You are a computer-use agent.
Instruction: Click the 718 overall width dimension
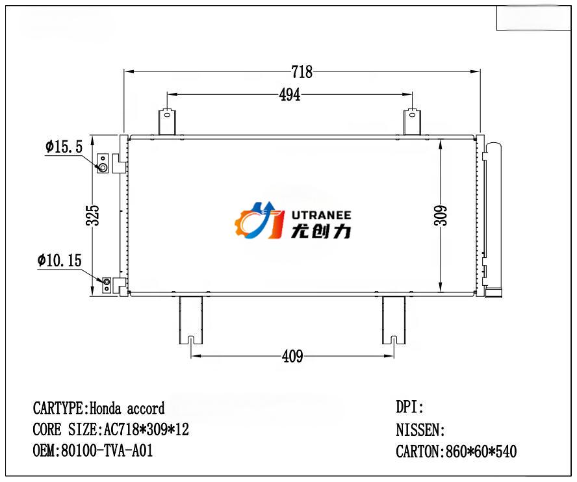pos(302,72)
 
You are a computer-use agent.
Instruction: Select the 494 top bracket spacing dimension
pos(290,95)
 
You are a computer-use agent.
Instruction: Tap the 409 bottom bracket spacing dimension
pos(292,356)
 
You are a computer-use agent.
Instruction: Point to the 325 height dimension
pos(93,215)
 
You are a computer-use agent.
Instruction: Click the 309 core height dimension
pos(441,215)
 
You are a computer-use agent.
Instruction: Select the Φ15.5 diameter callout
pos(64,147)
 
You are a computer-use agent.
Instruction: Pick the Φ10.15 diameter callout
pos(60,261)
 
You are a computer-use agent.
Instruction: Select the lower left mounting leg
pos(190,320)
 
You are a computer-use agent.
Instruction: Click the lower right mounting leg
pos(393,320)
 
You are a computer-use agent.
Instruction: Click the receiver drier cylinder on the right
pos(494,218)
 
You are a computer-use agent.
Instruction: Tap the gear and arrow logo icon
pos(259,220)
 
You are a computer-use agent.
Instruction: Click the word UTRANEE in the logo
pos(321,214)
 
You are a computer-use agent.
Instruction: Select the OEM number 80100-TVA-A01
pos(107,450)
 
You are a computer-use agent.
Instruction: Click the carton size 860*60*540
pos(480,451)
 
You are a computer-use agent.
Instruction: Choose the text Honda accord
pos(127,409)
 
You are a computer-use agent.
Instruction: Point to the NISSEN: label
pos(420,430)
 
